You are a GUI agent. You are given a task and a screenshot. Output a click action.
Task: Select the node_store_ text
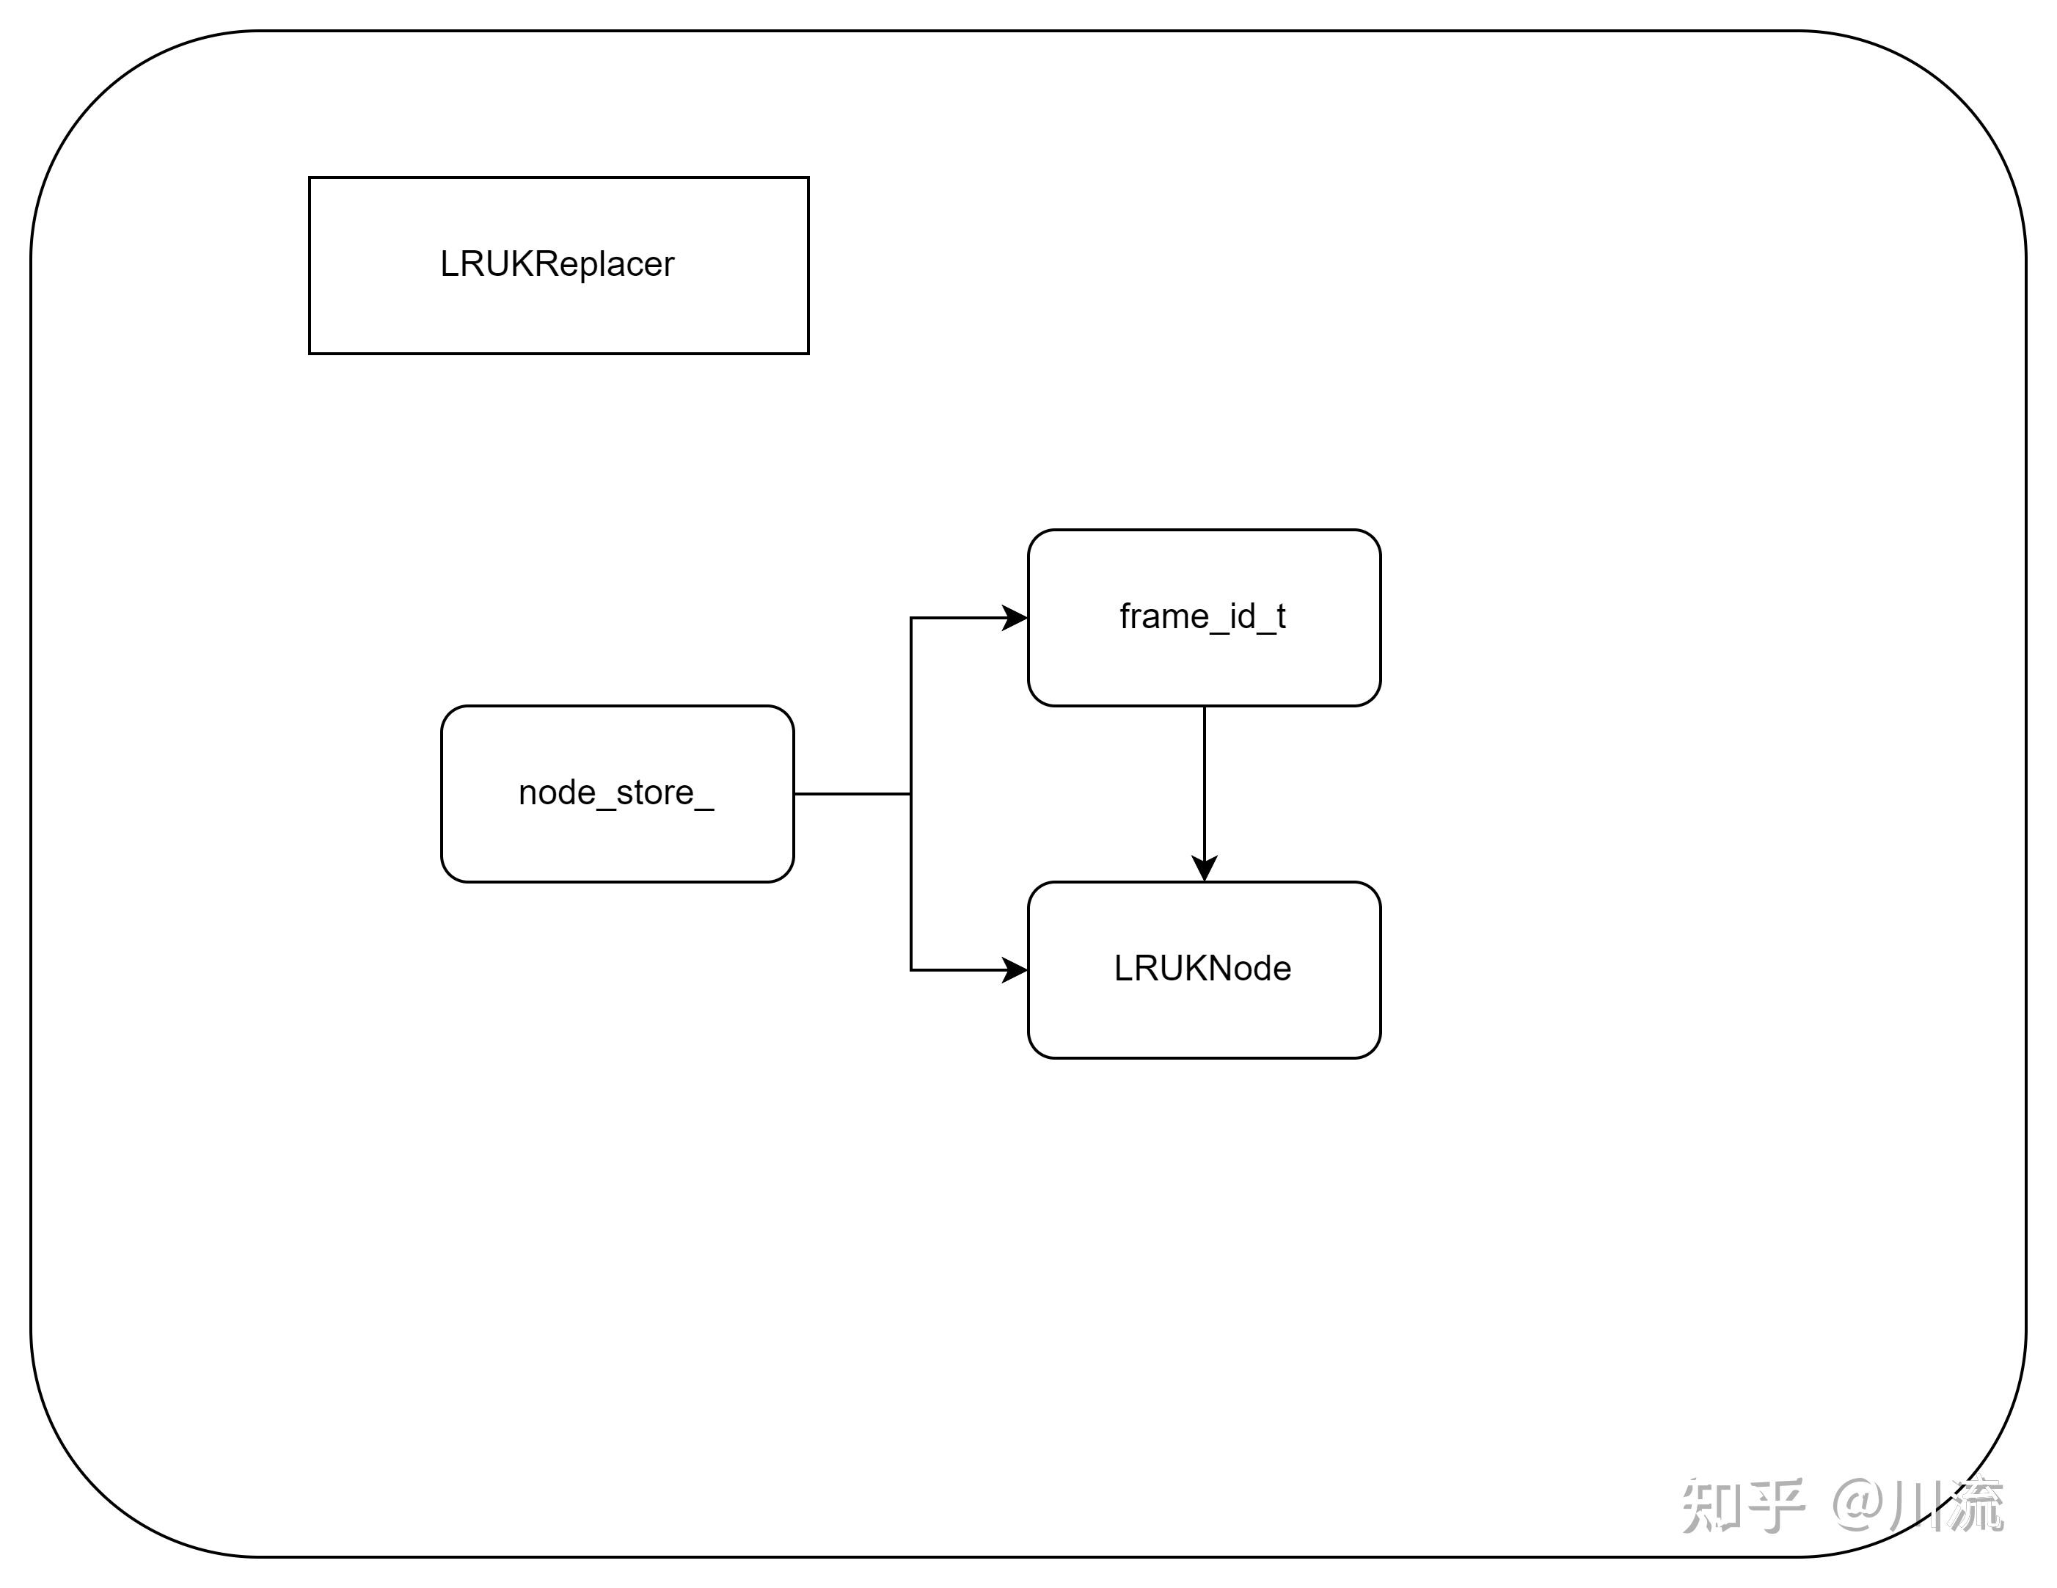tap(616, 793)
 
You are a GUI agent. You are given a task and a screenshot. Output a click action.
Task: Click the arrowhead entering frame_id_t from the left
tap(1015, 618)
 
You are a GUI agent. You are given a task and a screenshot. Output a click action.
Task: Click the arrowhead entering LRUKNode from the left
tap(1015, 969)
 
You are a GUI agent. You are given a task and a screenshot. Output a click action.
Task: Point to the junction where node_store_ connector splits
tap(911, 794)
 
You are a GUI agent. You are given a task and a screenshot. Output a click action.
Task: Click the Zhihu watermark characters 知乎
tap(1742, 1505)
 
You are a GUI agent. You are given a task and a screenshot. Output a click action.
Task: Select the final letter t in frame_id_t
tap(1281, 617)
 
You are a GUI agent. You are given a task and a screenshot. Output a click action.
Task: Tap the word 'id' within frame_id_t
tap(1242, 617)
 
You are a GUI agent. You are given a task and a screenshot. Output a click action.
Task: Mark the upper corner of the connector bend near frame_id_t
tap(911, 618)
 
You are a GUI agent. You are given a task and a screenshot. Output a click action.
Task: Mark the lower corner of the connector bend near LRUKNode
tap(911, 969)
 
